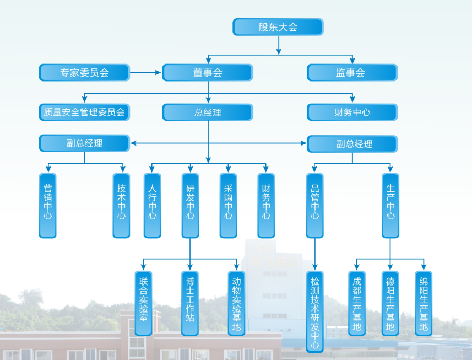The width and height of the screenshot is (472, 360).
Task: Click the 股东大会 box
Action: coord(278,27)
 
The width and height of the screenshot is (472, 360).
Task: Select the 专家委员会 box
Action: coord(84,73)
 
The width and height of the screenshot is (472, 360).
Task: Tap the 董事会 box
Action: coord(207,73)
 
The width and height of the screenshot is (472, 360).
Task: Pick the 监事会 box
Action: coord(352,73)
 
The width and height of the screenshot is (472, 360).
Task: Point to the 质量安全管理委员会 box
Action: coord(84,112)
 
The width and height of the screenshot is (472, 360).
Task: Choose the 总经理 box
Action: coord(207,112)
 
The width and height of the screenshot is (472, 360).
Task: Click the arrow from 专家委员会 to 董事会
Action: coord(146,73)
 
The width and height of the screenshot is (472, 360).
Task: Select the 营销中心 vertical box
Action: coord(48,205)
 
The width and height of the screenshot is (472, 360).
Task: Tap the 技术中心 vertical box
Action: coord(121,205)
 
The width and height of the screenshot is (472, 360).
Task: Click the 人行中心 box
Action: coord(153,205)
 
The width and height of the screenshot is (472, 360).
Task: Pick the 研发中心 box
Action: coord(190,205)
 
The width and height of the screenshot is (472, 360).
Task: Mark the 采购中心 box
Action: coord(228,205)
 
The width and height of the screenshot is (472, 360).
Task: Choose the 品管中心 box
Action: coord(314,205)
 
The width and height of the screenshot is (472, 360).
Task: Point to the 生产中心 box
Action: coord(390,205)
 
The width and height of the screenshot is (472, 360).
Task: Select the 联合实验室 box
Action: coord(143,303)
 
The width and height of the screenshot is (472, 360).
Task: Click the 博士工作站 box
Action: coord(190,303)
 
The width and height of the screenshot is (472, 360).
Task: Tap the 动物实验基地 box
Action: coord(237,303)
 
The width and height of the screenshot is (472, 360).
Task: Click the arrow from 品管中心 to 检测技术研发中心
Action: coord(314,254)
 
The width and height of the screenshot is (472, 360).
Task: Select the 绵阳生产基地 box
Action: coord(424,303)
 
